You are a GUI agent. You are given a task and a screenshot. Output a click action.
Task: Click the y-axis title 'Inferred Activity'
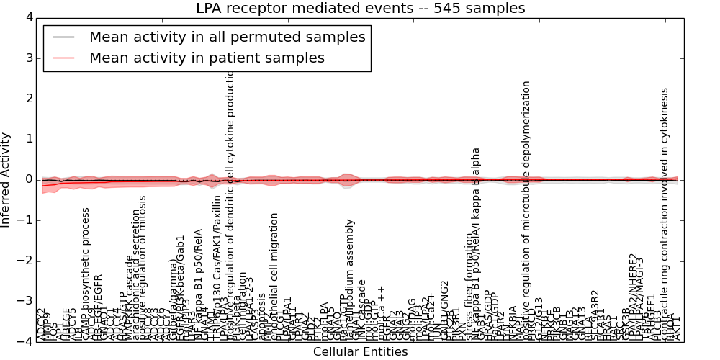pos(6,179)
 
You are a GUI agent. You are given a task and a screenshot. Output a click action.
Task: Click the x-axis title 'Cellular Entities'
pos(360,352)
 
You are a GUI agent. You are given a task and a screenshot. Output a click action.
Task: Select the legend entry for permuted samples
pos(227,37)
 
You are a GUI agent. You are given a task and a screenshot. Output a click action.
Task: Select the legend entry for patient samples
pos(207,58)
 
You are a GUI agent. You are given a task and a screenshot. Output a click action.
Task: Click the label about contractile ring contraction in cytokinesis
pos(665,209)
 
